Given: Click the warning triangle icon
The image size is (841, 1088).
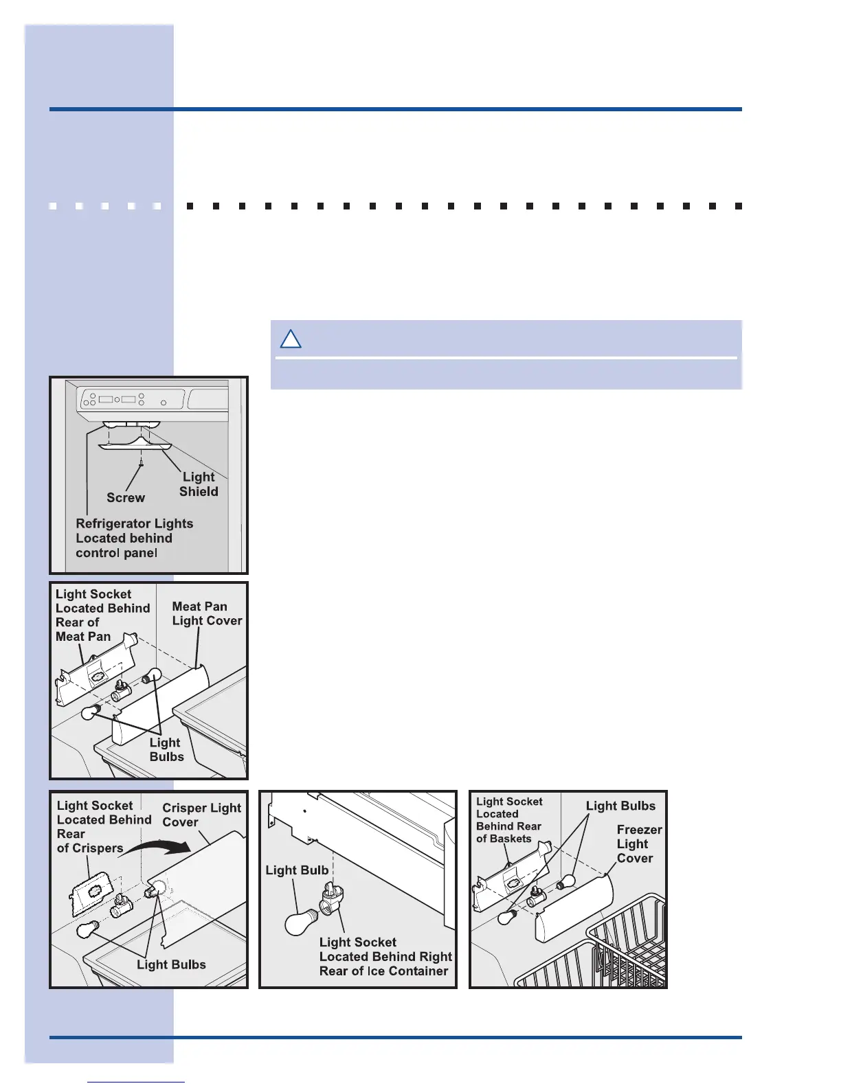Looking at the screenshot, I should tap(291, 339).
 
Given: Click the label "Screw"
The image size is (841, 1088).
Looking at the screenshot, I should tap(126, 497).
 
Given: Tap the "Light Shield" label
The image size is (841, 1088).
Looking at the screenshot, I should tap(199, 484).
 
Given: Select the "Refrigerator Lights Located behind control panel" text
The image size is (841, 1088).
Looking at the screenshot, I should tap(134, 538).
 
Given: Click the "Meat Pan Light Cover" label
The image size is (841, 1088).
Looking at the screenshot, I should tap(206, 613).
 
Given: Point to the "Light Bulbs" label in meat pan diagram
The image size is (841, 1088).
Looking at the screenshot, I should tap(166, 749).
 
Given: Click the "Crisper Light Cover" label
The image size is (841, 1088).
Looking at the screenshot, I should tap(201, 815).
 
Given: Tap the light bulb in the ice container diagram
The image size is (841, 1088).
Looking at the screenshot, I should tap(300, 922).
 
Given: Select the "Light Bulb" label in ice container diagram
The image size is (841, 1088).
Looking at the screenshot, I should tap(297, 870).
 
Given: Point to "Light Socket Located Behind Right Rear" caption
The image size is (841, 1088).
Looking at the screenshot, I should tap(385, 956).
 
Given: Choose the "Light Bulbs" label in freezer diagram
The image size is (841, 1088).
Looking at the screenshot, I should tap(620, 806).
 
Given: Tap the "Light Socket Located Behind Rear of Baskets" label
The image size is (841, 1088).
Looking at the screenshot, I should tap(509, 819).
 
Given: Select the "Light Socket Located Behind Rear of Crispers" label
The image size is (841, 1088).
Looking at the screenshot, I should tap(103, 826).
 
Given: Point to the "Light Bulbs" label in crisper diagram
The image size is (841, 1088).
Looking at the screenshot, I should tap(171, 964).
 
